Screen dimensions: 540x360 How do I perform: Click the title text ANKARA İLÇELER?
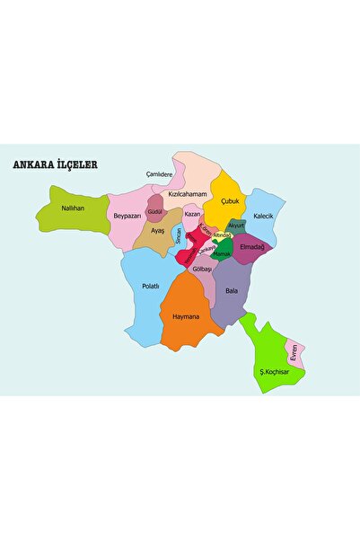coord(54,165)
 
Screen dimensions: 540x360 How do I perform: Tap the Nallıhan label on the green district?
coord(72,208)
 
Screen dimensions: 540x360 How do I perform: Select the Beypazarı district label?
coord(127,216)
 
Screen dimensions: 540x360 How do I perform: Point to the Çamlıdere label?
coord(159,174)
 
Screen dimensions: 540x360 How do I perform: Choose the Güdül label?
coord(154,211)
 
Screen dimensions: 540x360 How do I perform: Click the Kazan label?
coord(192,215)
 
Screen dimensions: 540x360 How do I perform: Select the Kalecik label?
coord(263,217)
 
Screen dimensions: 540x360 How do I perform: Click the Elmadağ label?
coord(252,246)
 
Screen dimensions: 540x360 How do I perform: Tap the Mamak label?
coord(222,254)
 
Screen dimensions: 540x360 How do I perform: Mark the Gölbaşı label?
coord(202,269)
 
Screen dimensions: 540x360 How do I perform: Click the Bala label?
coord(232,291)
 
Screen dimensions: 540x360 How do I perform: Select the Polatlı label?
coord(151,286)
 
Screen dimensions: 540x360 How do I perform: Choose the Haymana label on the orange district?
coord(186,316)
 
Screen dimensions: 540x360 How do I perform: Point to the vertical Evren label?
coord(294,353)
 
